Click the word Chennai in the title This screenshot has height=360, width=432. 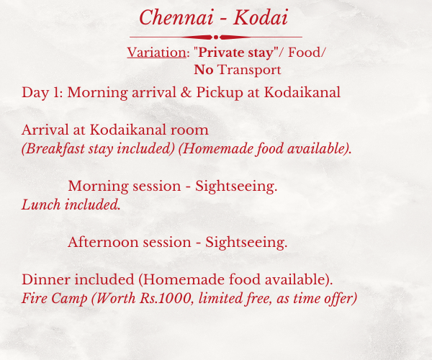click(x=176, y=17)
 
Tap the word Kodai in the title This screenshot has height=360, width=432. click(x=261, y=17)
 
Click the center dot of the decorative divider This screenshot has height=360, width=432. click(x=216, y=37)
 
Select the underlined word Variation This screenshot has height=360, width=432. click(x=157, y=53)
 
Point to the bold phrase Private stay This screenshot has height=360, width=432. click(x=235, y=53)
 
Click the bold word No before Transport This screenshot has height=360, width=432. click(x=204, y=70)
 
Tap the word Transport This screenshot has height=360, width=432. click(x=249, y=70)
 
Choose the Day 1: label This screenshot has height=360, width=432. click(x=42, y=93)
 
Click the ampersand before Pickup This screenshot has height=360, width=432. click(x=186, y=92)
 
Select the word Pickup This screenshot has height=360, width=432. click(x=220, y=93)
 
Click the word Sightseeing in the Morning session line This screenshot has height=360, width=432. click(x=236, y=186)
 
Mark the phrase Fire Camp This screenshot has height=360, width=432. click(x=55, y=299)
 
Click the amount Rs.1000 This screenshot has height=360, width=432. click(x=166, y=298)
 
